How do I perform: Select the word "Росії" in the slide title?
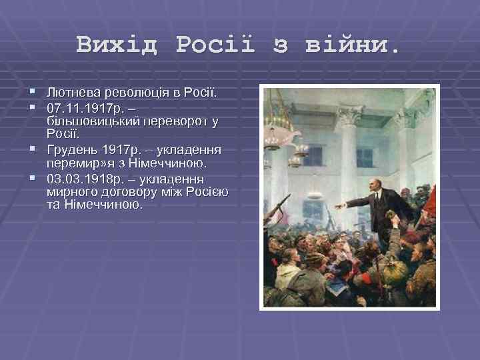click(215, 45)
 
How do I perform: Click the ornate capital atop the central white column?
click(350, 116)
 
